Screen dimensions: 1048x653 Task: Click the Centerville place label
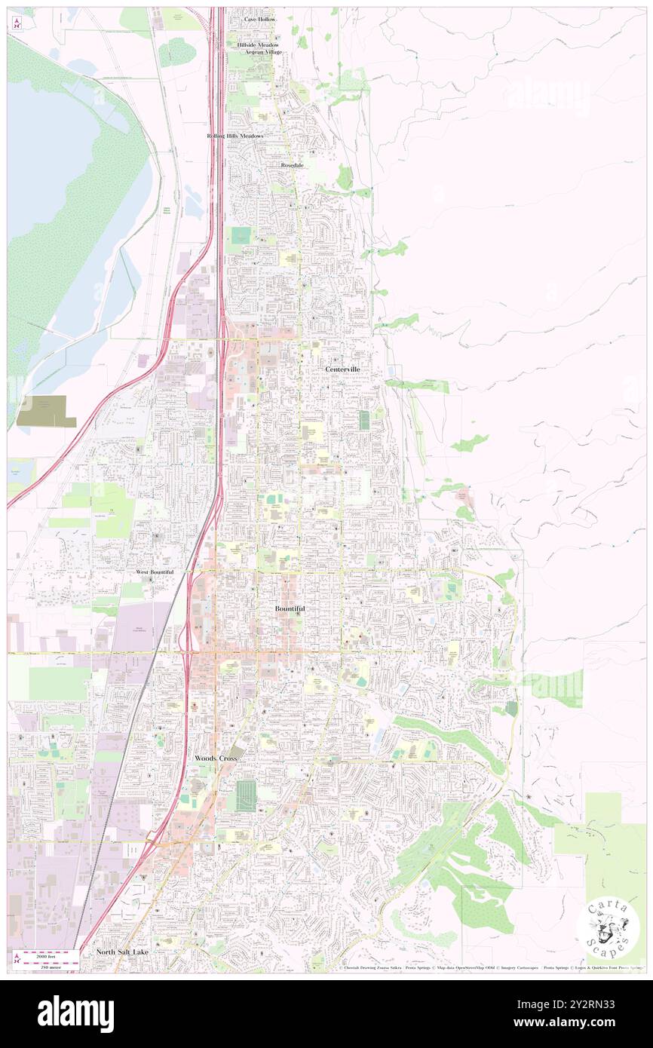pos(342,369)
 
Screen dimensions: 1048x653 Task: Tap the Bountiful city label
pos(290,608)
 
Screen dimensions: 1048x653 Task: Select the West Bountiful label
pos(155,572)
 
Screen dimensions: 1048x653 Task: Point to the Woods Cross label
pos(216,758)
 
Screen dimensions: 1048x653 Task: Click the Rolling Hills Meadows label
pos(235,136)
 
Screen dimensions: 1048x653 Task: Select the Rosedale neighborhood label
pos(292,164)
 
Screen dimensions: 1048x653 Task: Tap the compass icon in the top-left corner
pos(16,24)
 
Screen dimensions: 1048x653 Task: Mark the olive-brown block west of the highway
pos(46,411)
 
